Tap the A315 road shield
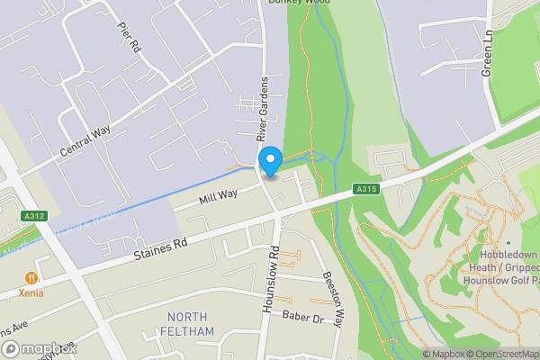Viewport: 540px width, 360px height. (x=364, y=189)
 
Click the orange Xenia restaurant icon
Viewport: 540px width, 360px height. (x=32, y=278)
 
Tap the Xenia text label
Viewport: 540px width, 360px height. (x=32, y=294)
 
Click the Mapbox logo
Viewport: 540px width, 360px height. (x=39, y=348)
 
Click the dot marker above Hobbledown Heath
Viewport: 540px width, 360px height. (x=508, y=242)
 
